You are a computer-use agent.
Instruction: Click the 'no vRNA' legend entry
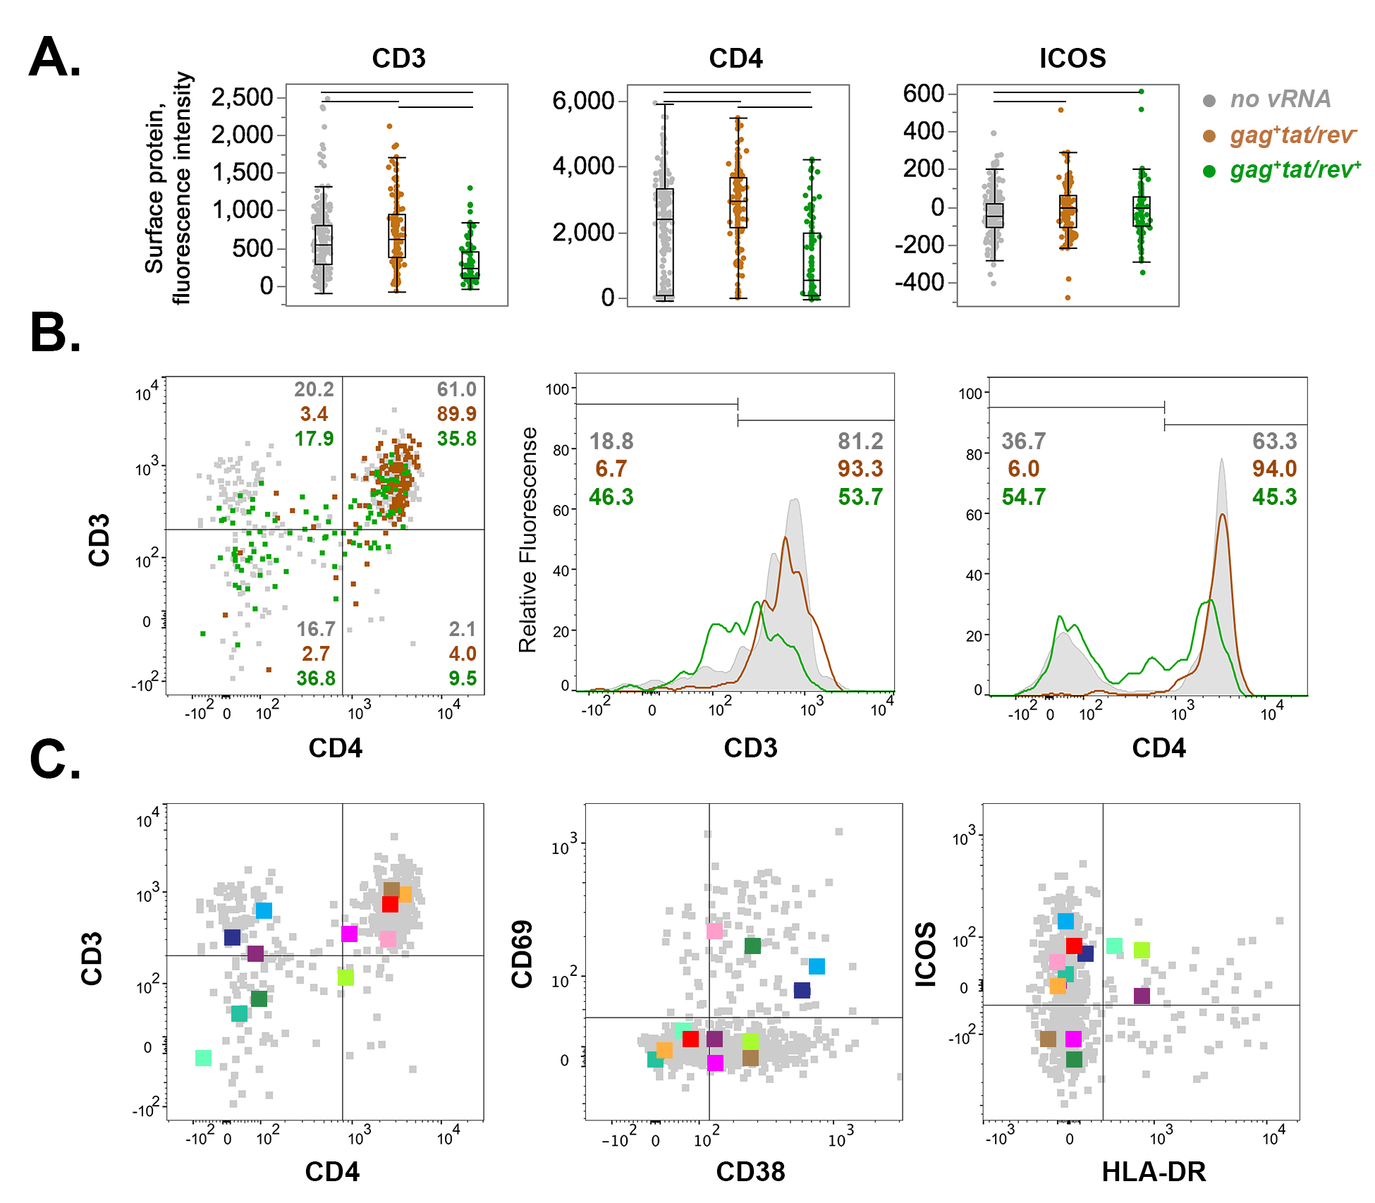coord(1280,99)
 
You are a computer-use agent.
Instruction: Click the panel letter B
coord(55,333)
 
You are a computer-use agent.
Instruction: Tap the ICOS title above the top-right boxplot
coord(1072,58)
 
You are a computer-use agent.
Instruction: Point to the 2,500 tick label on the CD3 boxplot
coord(242,97)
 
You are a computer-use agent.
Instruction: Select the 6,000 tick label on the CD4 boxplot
coord(583,101)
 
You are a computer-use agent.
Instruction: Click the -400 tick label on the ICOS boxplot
coord(919,282)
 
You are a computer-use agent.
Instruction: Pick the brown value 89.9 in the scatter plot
coord(456,414)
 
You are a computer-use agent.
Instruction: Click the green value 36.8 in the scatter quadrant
coord(315,678)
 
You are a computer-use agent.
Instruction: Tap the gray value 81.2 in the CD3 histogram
coord(860,441)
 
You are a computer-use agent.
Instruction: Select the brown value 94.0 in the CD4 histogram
coord(1274,469)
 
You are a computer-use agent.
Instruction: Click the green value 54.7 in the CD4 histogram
coord(1023,497)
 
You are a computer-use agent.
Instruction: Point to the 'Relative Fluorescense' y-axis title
coord(528,539)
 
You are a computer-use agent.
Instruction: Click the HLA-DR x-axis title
coord(1153,1172)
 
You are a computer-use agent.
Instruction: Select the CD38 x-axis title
coord(750,1172)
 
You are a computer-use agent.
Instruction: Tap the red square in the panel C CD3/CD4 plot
coord(390,904)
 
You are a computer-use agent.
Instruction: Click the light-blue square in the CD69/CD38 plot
coord(817,966)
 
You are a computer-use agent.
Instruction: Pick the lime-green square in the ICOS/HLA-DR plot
coord(1142,950)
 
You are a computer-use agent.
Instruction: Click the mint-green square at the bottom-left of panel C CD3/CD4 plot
coord(203,1058)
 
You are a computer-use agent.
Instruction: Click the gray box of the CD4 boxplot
coord(664,242)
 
